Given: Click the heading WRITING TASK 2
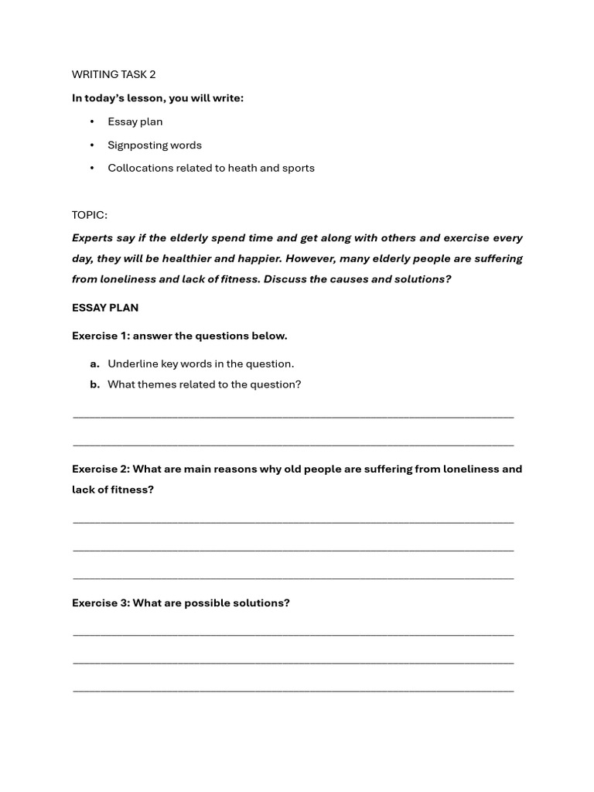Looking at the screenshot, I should (114, 74).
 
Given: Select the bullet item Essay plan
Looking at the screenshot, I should (135, 121).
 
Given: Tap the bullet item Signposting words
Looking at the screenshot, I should (155, 145).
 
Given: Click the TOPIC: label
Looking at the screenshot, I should (90, 215).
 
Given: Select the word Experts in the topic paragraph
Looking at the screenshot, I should (93, 238).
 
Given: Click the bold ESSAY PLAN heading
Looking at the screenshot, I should (105, 308).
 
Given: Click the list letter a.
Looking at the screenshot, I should (94, 364).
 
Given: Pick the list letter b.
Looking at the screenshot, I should (94, 384).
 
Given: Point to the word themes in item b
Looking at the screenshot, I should (157, 384).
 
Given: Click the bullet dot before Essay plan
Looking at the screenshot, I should (92, 121).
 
